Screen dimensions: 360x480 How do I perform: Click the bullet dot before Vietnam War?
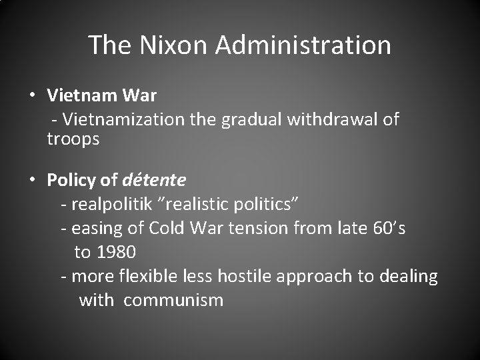32,95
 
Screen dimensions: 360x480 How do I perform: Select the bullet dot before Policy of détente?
32,179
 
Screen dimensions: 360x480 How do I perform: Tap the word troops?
73,139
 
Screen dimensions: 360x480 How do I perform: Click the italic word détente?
154,180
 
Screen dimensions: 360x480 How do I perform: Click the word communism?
173,300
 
